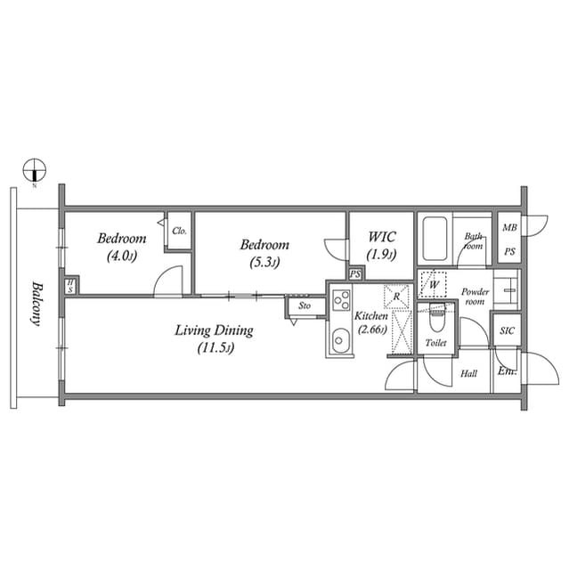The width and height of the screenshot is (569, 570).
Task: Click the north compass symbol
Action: [x=34, y=167]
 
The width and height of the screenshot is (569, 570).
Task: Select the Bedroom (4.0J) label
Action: [x=122, y=246]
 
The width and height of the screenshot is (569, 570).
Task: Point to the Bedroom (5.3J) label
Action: [x=264, y=252]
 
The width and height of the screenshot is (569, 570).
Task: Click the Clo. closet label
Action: [x=179, y=230]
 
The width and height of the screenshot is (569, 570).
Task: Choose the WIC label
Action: [x=381, y=245]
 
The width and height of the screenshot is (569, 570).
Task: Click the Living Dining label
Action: [x=214, y=338]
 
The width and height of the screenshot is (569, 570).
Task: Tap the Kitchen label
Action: [x=371, y=322]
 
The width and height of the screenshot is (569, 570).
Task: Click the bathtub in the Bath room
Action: [x=435, y=237]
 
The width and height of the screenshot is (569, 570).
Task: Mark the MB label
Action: [x=509, y=228]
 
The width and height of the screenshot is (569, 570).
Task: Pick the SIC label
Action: [x=507, y=330]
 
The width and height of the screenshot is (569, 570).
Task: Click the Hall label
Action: [x=469, y=374]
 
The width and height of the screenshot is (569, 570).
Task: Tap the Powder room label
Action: [x=475, y=297]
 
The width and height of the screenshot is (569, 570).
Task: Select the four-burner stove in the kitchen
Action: [x=341, y=301]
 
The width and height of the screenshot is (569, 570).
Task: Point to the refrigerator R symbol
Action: [x=396, y=296]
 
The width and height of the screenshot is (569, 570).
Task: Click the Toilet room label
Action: [x=435, y=343]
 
